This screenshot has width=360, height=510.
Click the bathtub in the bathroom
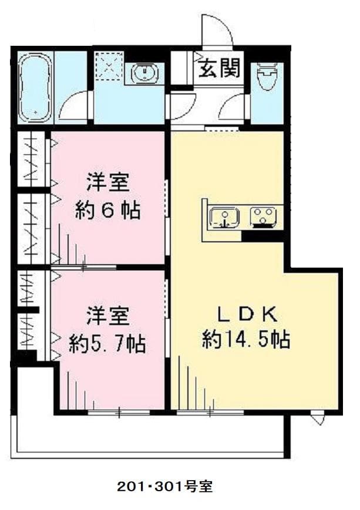pos(34,88)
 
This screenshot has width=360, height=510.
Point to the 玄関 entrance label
pos(218,69)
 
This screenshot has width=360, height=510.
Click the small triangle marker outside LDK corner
pos(318,419)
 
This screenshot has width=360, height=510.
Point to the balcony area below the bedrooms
pos(147,434)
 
